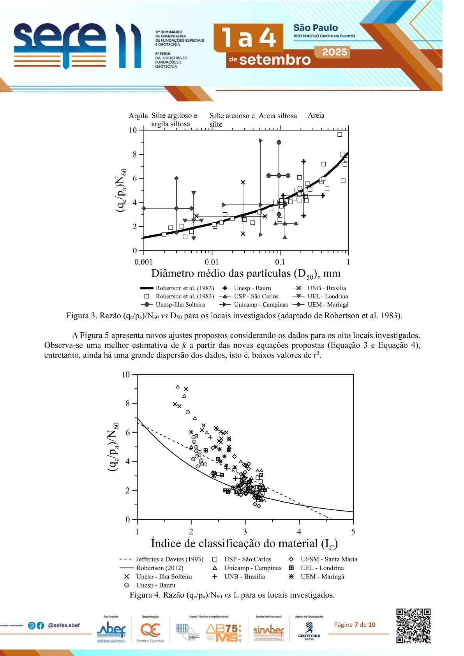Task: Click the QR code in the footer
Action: pyautogui.click(x=413, y=626)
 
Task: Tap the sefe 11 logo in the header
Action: pyautogui.click(x=77, y=46)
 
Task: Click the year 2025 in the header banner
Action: pyautogui.click(x=334, y=52)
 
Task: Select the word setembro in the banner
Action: pyautogui.click(x=275, y=60)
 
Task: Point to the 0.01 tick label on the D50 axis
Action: pyautogui.click(x=212, y=262)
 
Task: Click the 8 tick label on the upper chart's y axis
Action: pyautogui.click(x=135, y=154)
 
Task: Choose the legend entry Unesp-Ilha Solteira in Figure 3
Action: pyautogui.click(x=180, y=305)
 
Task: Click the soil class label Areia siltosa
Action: pyautogui.click(x=278, y=116)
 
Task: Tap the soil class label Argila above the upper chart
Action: pyautogui.click(x=138, y=116)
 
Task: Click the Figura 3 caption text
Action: pyautogui.click(x=234, y=316)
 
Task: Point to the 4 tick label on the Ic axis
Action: pyautogui.click(x=299, y=532)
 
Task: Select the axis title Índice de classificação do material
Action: pyautogui.click(x=244, y=543)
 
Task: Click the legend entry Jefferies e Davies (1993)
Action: pyautogui.click(x=169, y=559)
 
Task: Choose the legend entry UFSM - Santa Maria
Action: pyautogui.click(x=328, y=559)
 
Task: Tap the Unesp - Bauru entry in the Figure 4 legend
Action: pyautogui.click(x=155, y=585)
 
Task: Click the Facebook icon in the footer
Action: pyautogui.click(x=40, y=625)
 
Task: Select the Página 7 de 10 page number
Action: pyautogui.click(x=355, y=625)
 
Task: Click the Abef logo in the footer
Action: pyautogui.click(x=111, y=630)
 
